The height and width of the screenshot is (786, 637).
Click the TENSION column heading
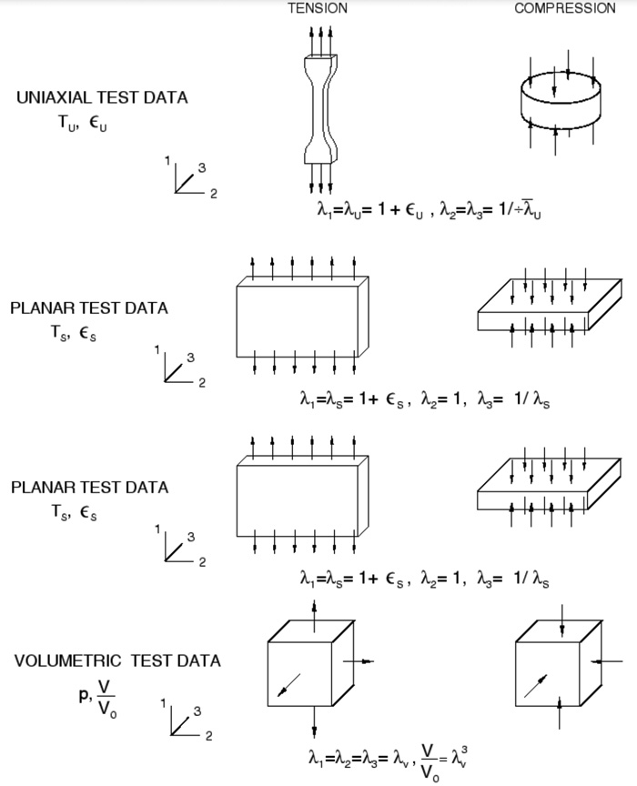click(x=317, y=8)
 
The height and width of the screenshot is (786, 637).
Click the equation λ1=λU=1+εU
click(x=368, y=210)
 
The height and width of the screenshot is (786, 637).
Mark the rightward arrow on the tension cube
click(x=359, y=661)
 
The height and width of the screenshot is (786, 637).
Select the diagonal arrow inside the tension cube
click(x=288, y=685)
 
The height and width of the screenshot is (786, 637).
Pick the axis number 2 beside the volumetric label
click(x=208, y=736)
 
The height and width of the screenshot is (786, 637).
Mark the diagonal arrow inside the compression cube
click(x=537, y=683)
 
